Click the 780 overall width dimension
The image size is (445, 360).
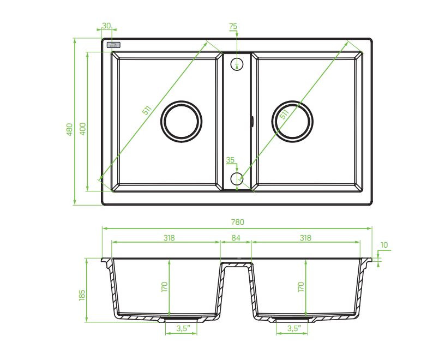coord(237,222)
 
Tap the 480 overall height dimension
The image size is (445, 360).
coord(70,129)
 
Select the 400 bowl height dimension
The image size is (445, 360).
coord(82,129)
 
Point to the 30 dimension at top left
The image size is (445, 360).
coord(106,26)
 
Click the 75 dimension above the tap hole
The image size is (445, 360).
coord(233,26)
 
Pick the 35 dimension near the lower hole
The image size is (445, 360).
coord(230,160)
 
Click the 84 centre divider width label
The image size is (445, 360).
coord(236,238)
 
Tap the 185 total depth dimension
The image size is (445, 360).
coord(82,295)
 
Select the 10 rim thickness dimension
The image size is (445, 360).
coord(384,245)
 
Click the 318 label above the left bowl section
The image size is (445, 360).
coord(169,238)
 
